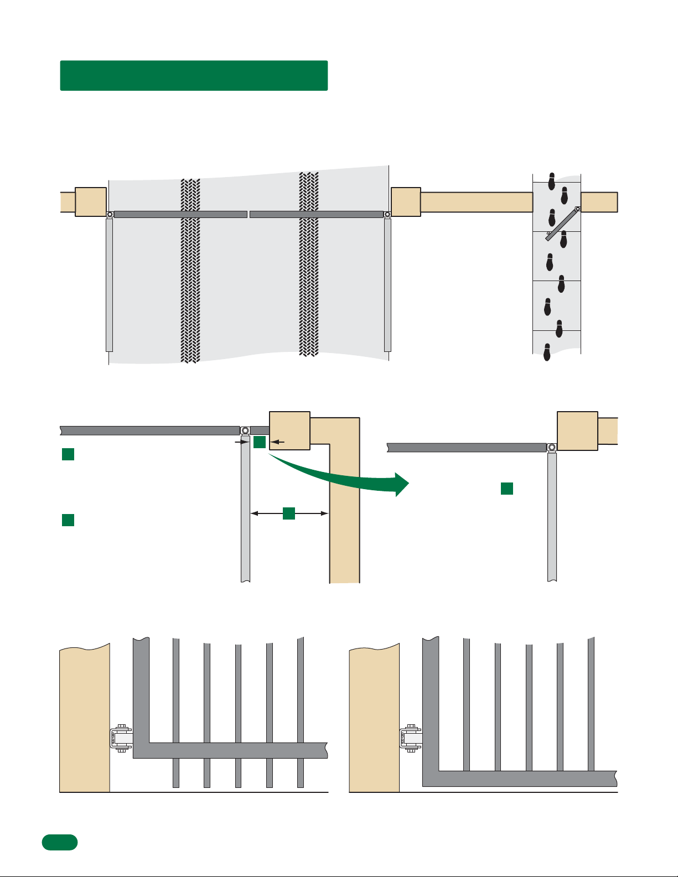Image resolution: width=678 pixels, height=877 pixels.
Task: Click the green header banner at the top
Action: (x=194, y=75)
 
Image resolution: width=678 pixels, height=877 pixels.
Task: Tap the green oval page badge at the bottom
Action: (x=60, y=842)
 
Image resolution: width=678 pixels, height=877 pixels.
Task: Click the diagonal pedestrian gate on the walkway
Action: (x=562, y=223)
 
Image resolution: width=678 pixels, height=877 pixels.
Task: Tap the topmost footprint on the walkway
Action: (x=552, y=181)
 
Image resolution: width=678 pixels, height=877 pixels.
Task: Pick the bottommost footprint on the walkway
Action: (x=547, y=352)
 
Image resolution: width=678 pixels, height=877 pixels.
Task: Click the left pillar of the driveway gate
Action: (x=91, y=201)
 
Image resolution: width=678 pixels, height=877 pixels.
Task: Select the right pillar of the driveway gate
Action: (x=406, y=201)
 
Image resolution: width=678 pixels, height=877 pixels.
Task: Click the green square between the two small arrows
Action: (x=260, y=442)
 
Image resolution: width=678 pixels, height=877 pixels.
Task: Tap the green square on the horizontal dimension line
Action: (x=289, y=513)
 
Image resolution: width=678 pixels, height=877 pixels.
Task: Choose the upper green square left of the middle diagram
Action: (x=68, y=454)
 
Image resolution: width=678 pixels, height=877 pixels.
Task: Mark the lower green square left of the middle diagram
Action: (x=68, y=520)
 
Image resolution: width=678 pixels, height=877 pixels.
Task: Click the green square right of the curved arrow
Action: (x=507, y=488)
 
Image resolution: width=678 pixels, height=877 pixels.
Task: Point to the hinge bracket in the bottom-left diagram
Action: (x=121, y=739)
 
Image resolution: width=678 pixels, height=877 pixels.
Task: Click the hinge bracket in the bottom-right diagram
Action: (x=411, y=739)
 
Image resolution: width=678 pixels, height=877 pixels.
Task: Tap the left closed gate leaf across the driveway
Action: (x=180, y=214)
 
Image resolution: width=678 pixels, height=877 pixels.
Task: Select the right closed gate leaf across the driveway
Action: (x=317, y=214)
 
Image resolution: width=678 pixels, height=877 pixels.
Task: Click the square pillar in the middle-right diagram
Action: (x=577, y=431)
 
